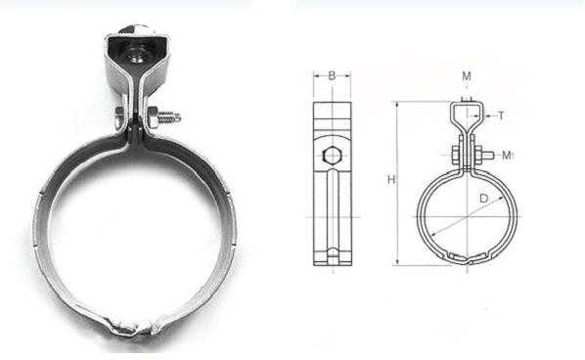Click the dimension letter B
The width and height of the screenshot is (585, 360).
point(332,76)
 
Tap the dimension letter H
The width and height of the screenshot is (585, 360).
point(391,179)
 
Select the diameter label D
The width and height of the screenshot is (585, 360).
point(483,199)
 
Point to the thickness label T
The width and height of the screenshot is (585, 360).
point(501,116)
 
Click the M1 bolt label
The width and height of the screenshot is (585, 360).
point(508,155)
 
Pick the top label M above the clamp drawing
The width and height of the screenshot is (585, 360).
point(467,76)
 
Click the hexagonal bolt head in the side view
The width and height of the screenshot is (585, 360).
point(332,156)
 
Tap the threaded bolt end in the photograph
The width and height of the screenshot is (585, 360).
point(170,116)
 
